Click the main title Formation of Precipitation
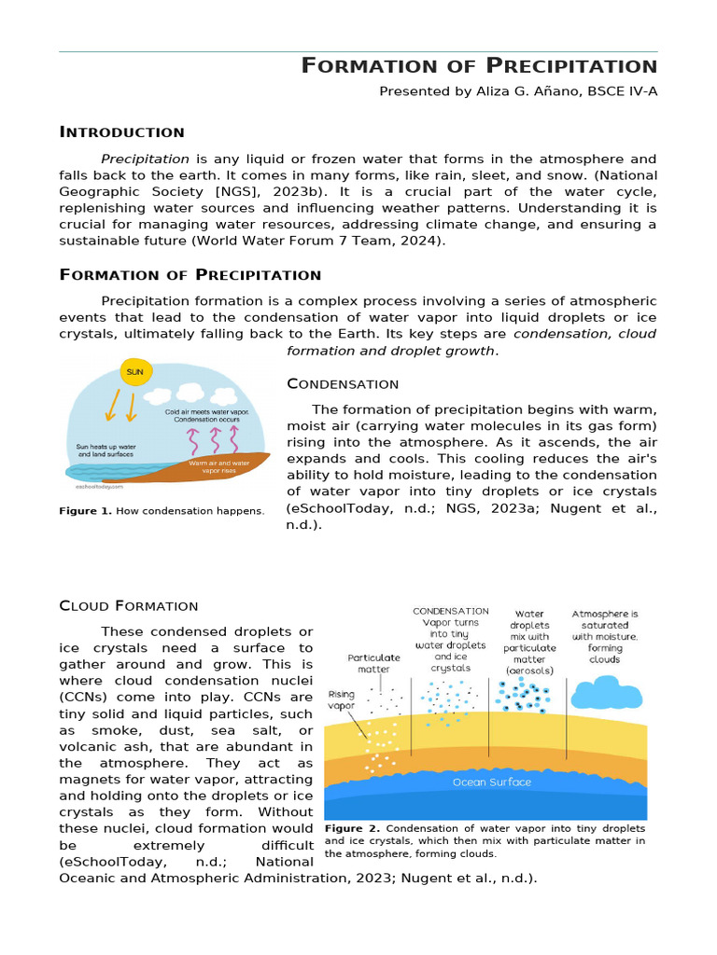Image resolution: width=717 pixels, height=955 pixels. click(479, 66)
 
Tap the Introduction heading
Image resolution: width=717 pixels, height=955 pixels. click(121, 132)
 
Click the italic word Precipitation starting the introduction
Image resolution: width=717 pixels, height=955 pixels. click(145, 159)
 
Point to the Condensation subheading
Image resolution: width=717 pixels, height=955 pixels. click(343, 384)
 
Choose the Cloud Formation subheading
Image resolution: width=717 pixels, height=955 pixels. click(129, 606)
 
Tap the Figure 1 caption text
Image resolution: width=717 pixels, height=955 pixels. click(162, 511)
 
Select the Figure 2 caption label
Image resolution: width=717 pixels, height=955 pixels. click(352, 828)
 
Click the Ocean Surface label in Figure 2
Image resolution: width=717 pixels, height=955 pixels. click(491, 782)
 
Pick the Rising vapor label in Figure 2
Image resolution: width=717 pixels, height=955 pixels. click(342, 700)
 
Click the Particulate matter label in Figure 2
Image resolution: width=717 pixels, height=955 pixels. click(373, 663)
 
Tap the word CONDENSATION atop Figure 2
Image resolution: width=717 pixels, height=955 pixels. click(451, 612)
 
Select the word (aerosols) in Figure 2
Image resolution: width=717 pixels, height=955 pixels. click(530, 671)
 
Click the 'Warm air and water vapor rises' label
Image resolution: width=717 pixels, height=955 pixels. click(219, 466)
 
